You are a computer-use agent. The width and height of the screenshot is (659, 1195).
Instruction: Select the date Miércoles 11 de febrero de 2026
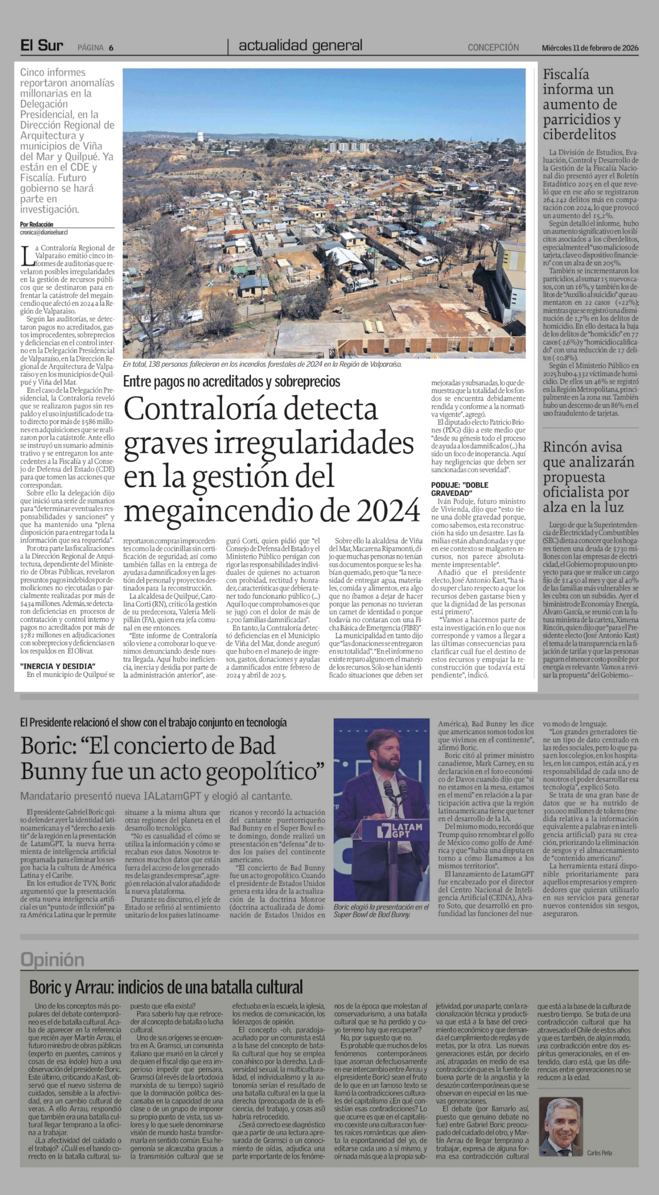pos(590,48)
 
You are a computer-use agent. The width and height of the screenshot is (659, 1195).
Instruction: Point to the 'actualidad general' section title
pos(300,45)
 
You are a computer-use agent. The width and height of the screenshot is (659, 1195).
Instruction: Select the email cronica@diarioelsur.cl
pos(44,232)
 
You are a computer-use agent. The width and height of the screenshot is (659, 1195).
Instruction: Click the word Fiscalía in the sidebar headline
pos(566,74)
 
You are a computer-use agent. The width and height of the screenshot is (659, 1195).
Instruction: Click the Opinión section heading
pos(52,959)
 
